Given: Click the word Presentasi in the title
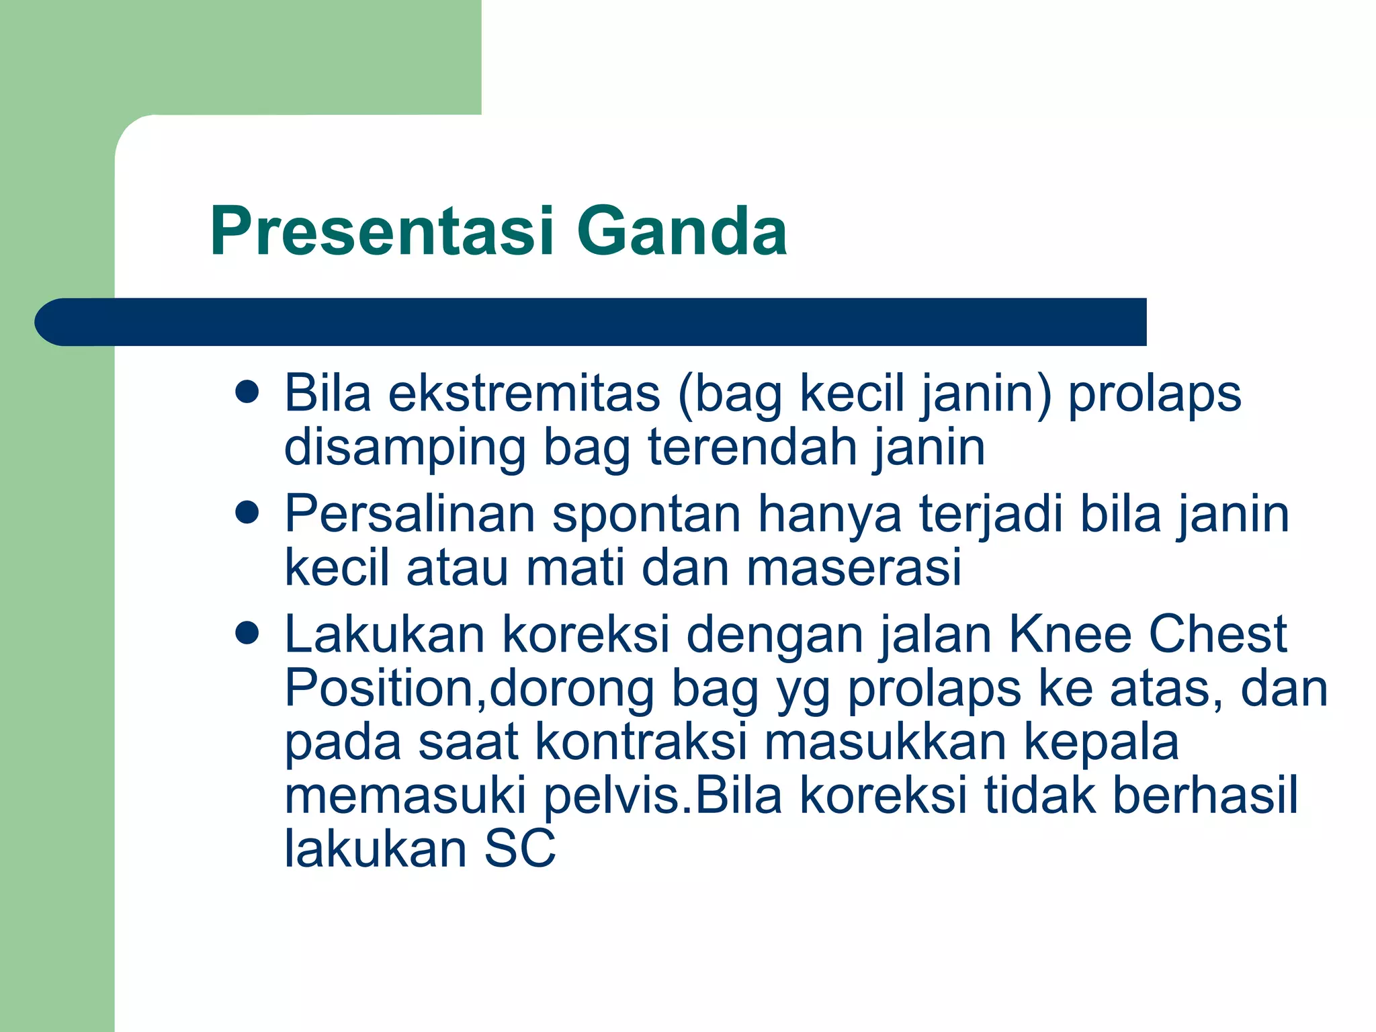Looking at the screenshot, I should [x=382, y=231].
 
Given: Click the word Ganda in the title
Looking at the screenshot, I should [x=681, y=231].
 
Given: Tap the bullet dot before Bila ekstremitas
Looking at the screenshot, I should [x=248, y=392].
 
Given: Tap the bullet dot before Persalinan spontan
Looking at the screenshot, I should [x=248, y=513].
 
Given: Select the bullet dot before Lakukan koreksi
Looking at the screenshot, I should [x=248, y=633].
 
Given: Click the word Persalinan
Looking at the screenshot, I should [x=410, y=514].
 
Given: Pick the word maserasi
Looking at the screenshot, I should [x=854, y=568].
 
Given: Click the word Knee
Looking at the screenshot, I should [x=1070, y=634].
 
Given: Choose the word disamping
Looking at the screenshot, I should [x=405, y=449].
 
